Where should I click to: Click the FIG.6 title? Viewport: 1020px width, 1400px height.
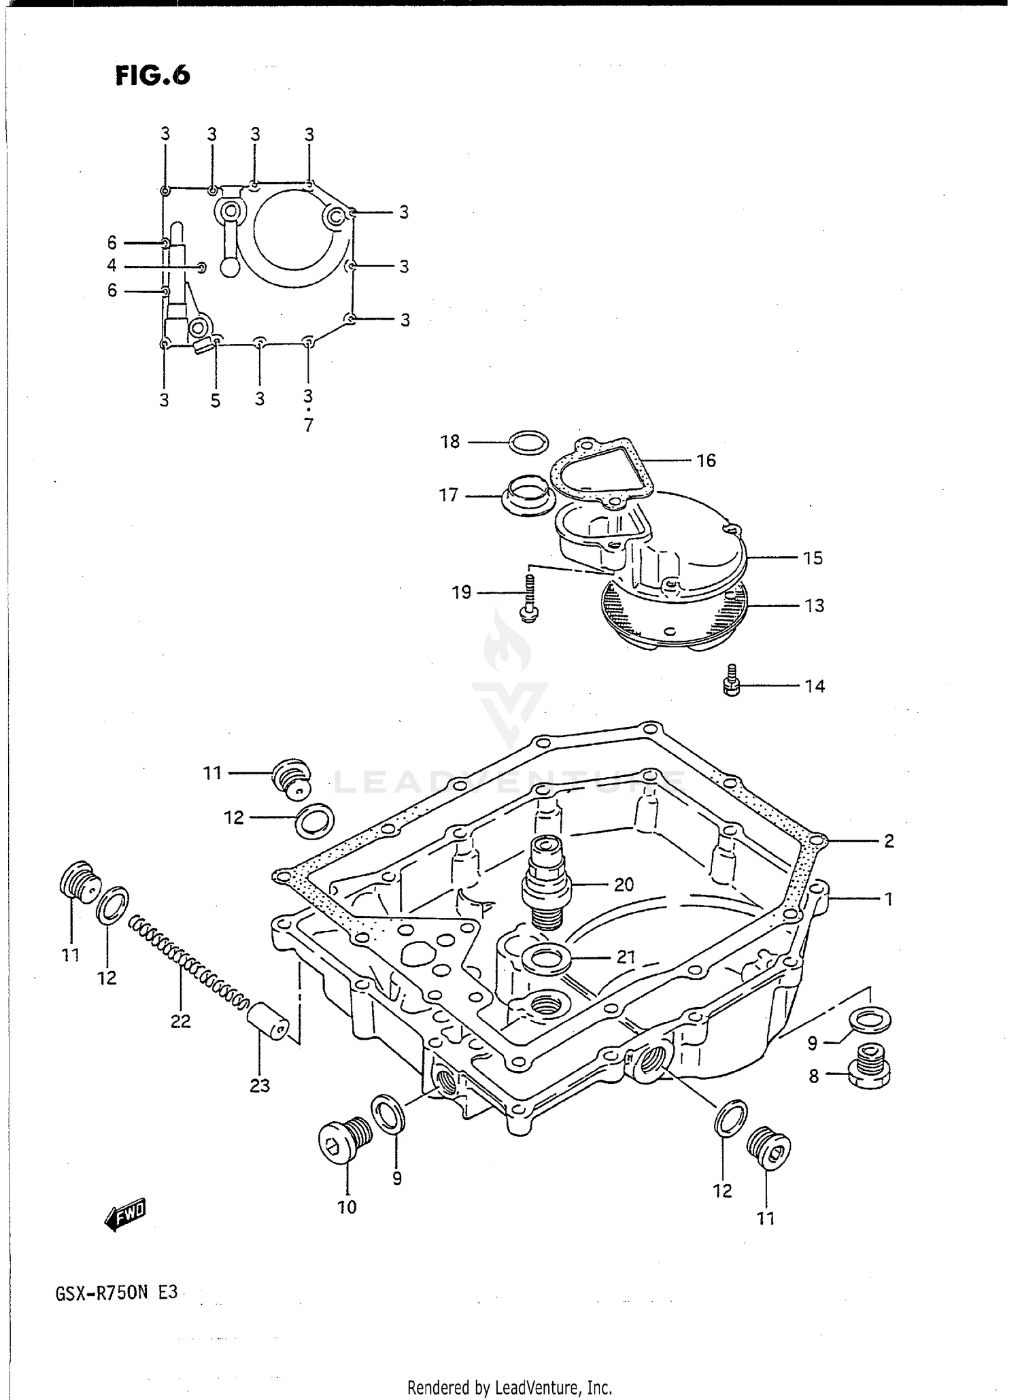coord(152,75)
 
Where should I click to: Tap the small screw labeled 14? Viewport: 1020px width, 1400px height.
coord(730,681)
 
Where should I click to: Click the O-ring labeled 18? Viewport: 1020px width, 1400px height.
coord(529,443)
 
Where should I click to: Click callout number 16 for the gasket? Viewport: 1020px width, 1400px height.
coord(707,461)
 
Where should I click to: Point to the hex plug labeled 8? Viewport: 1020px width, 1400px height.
coord(868,1075)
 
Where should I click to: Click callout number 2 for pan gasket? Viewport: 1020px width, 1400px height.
coord(889,841)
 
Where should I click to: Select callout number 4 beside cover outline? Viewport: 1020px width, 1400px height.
coord(112,266)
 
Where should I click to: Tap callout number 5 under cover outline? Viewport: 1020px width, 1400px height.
coord(216,401)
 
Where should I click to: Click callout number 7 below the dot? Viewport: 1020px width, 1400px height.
coord(309,426)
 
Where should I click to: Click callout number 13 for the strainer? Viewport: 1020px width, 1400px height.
coord(815,605)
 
